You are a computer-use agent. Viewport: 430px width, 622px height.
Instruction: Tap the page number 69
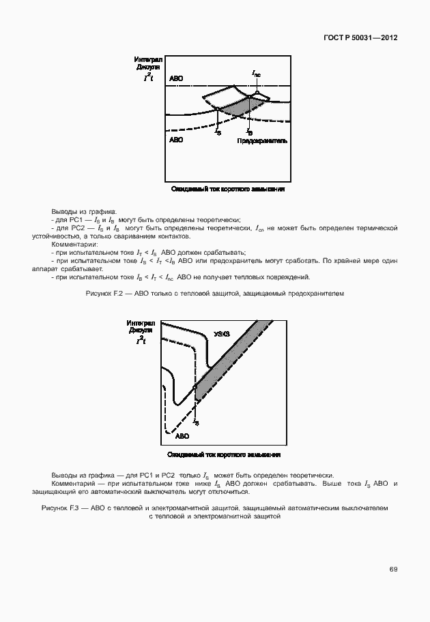click(x=393, y=568)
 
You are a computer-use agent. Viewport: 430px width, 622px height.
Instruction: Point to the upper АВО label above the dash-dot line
click(x=176, y=79)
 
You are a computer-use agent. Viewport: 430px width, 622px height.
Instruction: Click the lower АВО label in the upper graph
click(x=176, y=140)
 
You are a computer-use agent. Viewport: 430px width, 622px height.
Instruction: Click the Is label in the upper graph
click(x=218, y=131)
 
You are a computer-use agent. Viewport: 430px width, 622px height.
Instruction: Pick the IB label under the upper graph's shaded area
click(x=248, y=131)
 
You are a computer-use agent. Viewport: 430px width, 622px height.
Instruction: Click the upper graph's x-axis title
click(x=227, y=189)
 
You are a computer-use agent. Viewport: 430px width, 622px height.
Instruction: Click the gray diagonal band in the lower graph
click(x=225, y=369)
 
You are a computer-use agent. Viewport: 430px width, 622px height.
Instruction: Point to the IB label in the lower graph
click(x=196, y=422)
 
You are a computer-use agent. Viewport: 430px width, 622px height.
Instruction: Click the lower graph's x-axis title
click(x=225, y=454)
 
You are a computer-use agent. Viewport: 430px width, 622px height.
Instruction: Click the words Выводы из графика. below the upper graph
click(x=83, y=211)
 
